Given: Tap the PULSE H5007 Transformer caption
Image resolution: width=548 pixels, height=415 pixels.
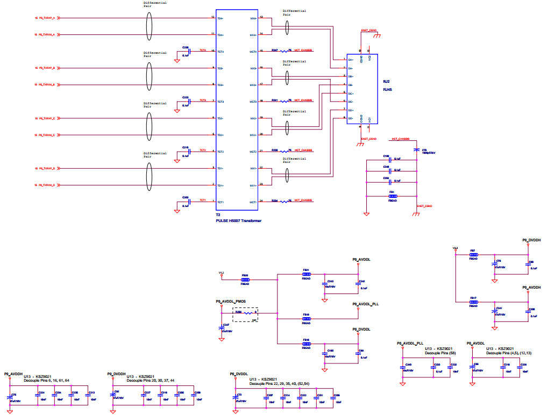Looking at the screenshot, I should point(239,220).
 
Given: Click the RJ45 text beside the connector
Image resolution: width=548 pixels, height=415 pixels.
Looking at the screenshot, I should point(386,90).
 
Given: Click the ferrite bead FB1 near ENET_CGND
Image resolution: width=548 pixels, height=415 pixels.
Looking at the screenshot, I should point(393,197).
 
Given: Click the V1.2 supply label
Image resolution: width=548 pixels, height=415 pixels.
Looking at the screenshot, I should point(221,273).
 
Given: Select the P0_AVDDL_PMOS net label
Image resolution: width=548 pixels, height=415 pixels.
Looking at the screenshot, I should point(230,302).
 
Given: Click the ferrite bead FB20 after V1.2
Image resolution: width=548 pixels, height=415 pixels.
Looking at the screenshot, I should point(245,280).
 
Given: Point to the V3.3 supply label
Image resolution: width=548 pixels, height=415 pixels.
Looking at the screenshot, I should point(456,248).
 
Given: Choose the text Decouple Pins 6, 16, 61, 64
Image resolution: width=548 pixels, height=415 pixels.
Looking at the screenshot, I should point(47,381).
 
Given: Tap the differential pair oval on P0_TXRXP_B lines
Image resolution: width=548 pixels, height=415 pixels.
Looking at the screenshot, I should point(150,76).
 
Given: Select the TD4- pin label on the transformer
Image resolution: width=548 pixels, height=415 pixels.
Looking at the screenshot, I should point(220,18).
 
